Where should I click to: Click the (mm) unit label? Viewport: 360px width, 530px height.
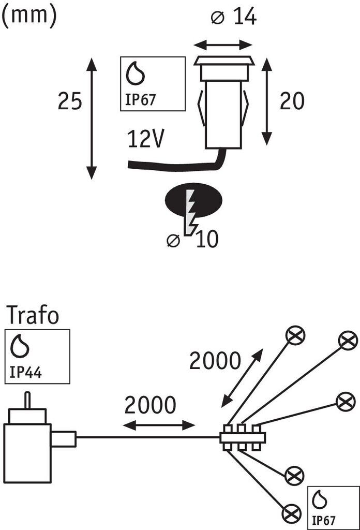(28, 15)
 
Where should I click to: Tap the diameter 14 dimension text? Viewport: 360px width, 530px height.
(234, 17)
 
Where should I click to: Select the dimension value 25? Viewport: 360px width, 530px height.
(69, 101)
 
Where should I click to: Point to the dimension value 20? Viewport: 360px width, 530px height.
(292, 101)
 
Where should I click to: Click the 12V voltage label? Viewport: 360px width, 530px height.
(146, 140)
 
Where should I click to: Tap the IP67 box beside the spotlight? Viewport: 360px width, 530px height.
(153, 83)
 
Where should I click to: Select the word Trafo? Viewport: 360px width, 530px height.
(33, 315)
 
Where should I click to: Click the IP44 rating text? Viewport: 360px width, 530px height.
(25, 372)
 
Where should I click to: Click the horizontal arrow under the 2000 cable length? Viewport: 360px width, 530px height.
(159, 425)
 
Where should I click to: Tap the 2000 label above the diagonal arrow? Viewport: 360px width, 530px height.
(215, 360)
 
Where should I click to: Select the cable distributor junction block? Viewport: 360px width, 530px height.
(242, 436)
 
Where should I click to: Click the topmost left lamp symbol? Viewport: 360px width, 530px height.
(296, 336)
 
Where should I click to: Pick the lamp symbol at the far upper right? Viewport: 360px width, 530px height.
(348, 341)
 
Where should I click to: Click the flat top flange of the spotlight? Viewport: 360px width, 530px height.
(224, 61)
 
